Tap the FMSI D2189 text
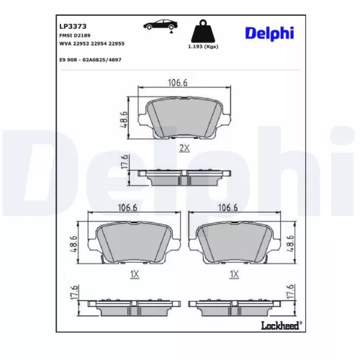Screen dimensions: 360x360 [x=74, y=35]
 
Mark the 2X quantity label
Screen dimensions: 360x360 [x=184, y=148]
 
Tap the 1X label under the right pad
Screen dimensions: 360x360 [x=233, y=274]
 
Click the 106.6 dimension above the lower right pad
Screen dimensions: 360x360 [x=228, y=208]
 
